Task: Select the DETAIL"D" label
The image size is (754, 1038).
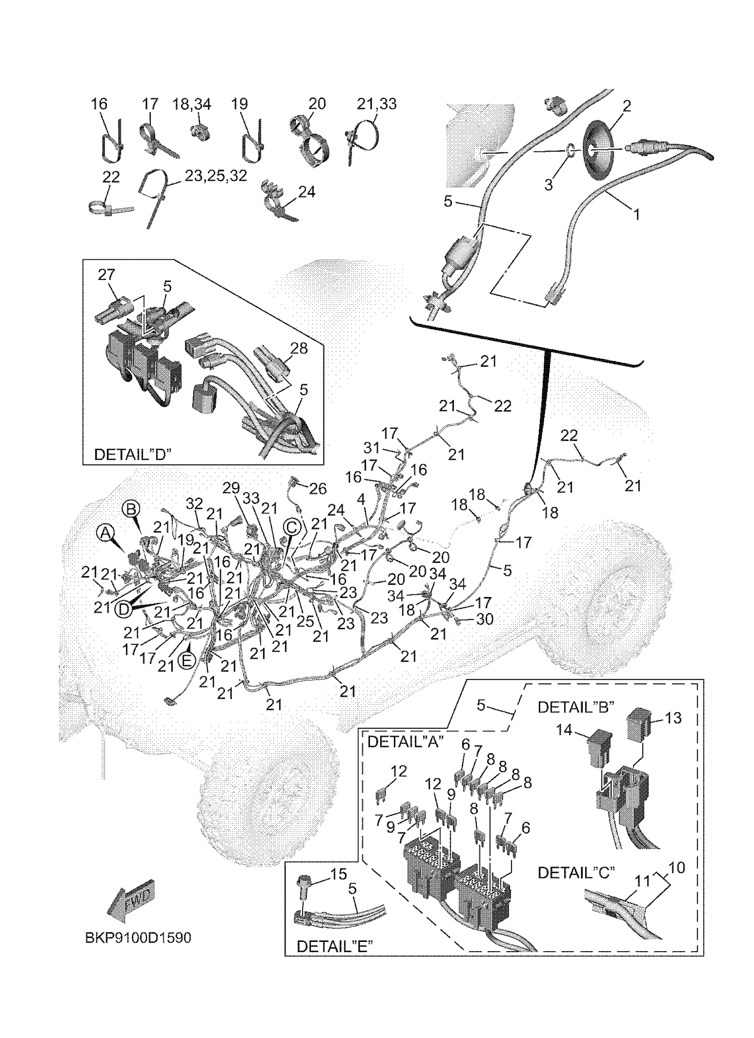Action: click(x=132, y=455)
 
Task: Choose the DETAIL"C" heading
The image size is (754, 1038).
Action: click(x=576, y=873)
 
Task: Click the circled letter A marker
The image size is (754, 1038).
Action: click(x=106, y=533)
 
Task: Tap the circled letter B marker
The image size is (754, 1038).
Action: click(x=131, y=509)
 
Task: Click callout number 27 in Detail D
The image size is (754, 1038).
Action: click(x=106, y=275)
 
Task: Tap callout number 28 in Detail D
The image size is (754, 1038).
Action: click(x=298, y=348)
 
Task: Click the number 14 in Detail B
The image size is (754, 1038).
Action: click(x=564, y=730)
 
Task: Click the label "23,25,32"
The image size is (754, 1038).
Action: click(x=216, y=175)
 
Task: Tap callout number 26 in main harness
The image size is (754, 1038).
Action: click(x=318, y=489)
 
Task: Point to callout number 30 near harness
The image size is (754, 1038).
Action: click(x=485, y=619)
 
